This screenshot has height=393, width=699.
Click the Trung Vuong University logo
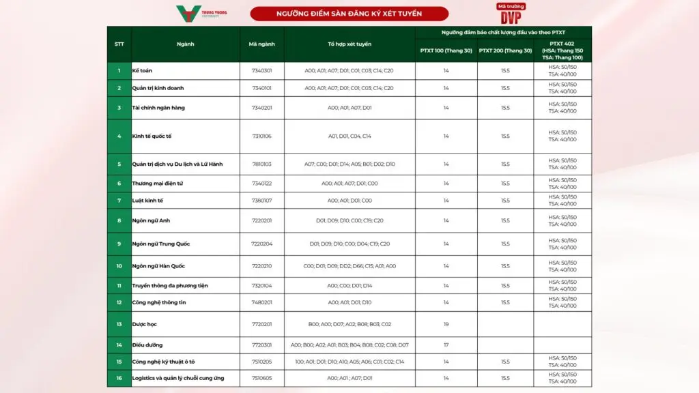(x=202, y=14)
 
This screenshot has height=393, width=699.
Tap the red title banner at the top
(x=349, y=14)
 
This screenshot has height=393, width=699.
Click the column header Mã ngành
(x=262, y=44)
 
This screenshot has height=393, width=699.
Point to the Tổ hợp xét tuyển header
(x=349, y=44)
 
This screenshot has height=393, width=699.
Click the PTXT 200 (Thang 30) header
(x=505, y=50)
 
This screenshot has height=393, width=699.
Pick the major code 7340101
(x=262, y=88)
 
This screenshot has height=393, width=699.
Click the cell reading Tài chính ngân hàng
(x=158, y=108)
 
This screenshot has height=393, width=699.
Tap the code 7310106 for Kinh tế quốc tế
(x=262, y=136)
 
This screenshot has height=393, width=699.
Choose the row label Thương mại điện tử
(x=157, y=184)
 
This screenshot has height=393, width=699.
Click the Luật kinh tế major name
(x=147, y=201)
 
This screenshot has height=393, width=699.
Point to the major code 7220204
(x=262, y=244)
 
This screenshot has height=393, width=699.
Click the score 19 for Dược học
(x=446, y=324)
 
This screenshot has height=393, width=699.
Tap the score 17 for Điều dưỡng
(x=446, y=345)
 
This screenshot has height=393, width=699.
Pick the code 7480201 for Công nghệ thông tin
(x=262, y=302)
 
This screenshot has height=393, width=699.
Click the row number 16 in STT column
(x=119, y=378)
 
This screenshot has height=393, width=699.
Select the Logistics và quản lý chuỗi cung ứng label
(x=177, y=378)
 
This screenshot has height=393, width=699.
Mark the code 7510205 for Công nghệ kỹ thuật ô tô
(x=262, y=362)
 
